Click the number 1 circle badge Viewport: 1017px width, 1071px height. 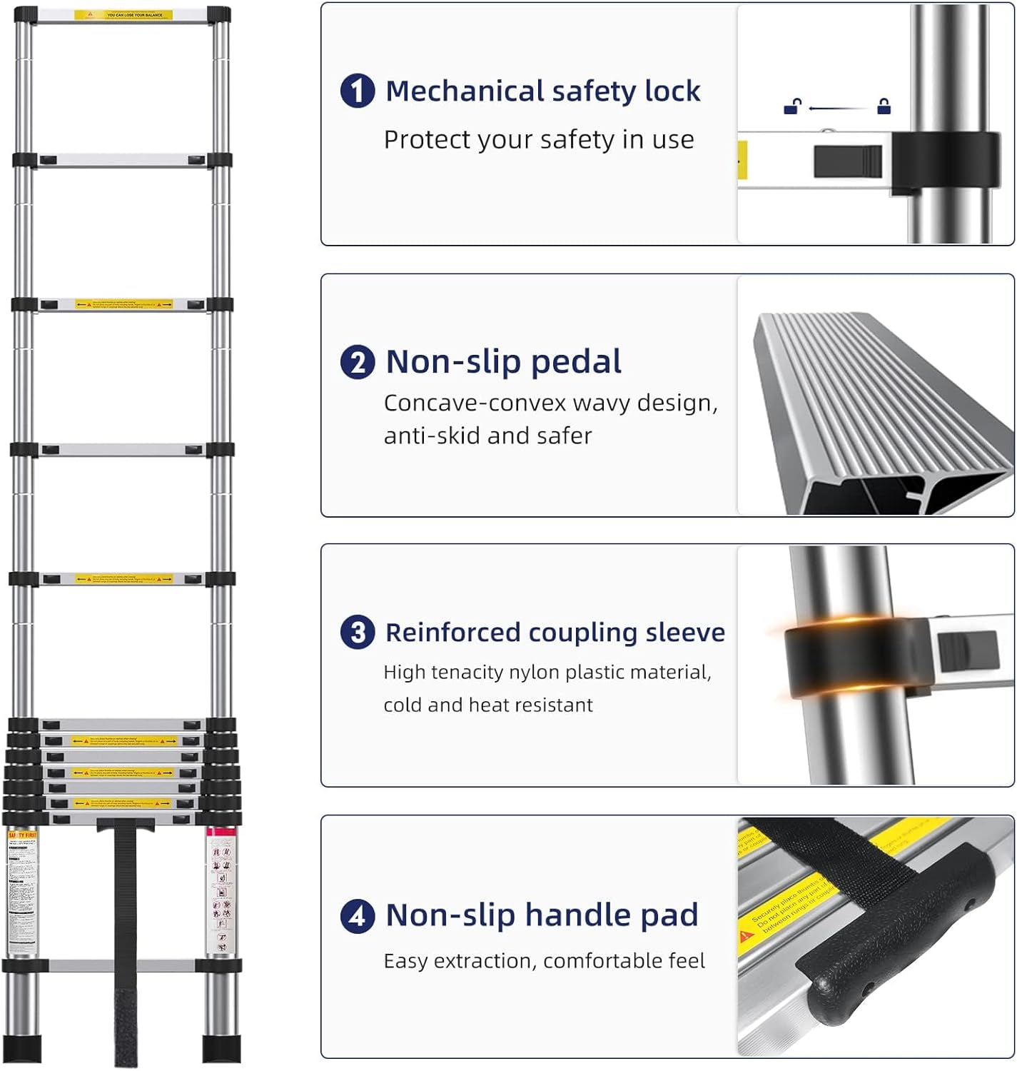pyautogui.click(x=358, y=91)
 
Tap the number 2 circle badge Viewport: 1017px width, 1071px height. pyautogui.click(x=358, y=362)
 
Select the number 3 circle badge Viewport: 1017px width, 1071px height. pyautogui.click(x=358, y=633)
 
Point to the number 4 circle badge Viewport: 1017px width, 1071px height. pyautogui.click(x=358, y=915)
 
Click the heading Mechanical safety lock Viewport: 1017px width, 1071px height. pyautogui.click(x=542, y=91)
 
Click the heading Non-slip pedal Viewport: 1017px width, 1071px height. pyautogui.click(x=503, y=362)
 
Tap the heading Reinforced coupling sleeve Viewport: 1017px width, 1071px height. pyautogui.click(x=555, y=633)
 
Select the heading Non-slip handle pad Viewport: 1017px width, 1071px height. pyautogui.click(x=542, y=915)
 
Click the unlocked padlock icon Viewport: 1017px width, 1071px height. pyautogui.click(x=792, y=107)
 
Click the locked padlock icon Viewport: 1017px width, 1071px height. pyautogui.click(x=884, y=107)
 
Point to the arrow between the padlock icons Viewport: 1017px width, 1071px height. pyautogui.click(x=838, y=109)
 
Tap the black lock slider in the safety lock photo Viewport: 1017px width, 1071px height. pyautogui.click(x=848, y=162)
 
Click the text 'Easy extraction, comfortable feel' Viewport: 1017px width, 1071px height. pyautogui.click(x=544, y=961)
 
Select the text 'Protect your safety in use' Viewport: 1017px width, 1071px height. pyautogui.click(x=539, y=140)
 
